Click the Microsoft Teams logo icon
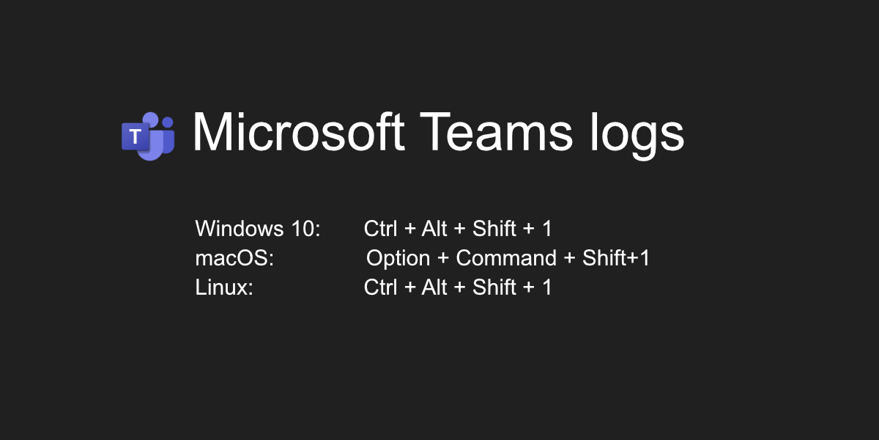148,136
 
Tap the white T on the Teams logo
135,136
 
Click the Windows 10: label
258,229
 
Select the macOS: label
234,258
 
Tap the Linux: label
224,287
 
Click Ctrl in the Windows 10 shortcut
380,229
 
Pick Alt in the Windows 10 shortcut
434,229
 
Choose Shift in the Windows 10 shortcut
494,229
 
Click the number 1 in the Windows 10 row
546,229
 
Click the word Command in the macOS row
506,258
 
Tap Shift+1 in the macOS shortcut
616,258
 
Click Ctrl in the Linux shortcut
380,287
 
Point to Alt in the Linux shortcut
434,287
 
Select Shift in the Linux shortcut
494,287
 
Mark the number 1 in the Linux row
546,287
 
